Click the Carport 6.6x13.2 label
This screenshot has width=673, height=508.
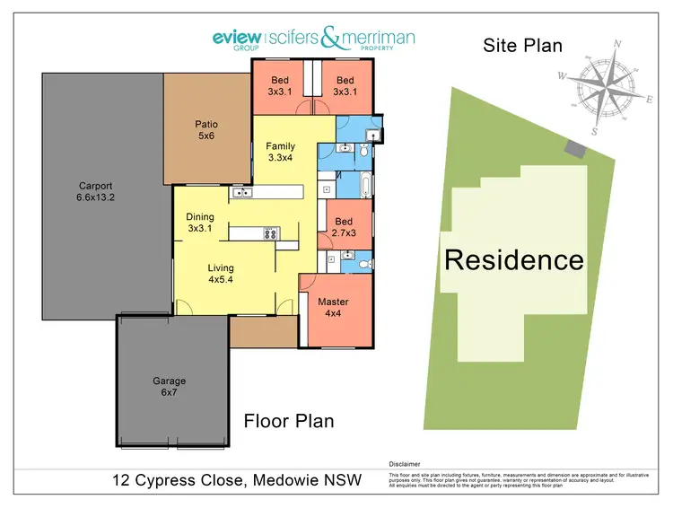click(x=94, y=192)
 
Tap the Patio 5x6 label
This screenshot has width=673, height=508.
click(x=206, y=130)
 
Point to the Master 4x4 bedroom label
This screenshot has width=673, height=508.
click(x=333, y=308)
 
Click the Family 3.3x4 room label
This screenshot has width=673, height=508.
click(x=280, y=152)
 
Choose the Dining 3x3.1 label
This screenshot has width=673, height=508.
click(x=200, y=223)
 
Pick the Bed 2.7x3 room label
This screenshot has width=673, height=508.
click(x=344, y=228)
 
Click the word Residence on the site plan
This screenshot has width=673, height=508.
click(x=514, y=260)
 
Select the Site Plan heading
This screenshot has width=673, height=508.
click(x=523, y=45)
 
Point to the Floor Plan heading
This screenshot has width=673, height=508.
click(x=289, y=421)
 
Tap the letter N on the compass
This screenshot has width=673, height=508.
click(x=617, y=43)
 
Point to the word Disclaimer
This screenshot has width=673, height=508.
click(x=405, y=463)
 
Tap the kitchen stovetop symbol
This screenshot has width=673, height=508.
click(x=269, y=233)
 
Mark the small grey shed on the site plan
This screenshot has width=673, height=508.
click(x=572, y=146)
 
